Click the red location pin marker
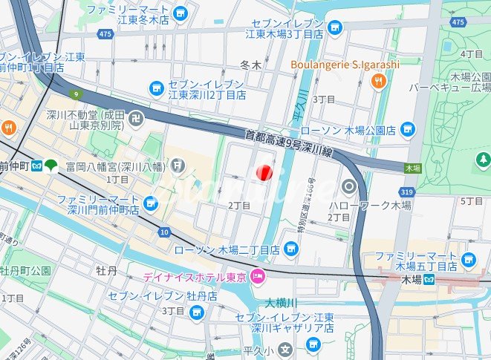click(264, 172)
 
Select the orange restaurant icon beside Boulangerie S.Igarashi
click(379, 81)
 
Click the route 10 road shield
click(163, 232)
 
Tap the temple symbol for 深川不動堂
click(139, 117)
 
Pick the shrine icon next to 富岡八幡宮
click(178, 164)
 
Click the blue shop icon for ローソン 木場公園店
click(406, 130)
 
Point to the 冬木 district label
click(252, 65)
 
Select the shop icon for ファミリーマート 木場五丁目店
click(468, 259)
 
